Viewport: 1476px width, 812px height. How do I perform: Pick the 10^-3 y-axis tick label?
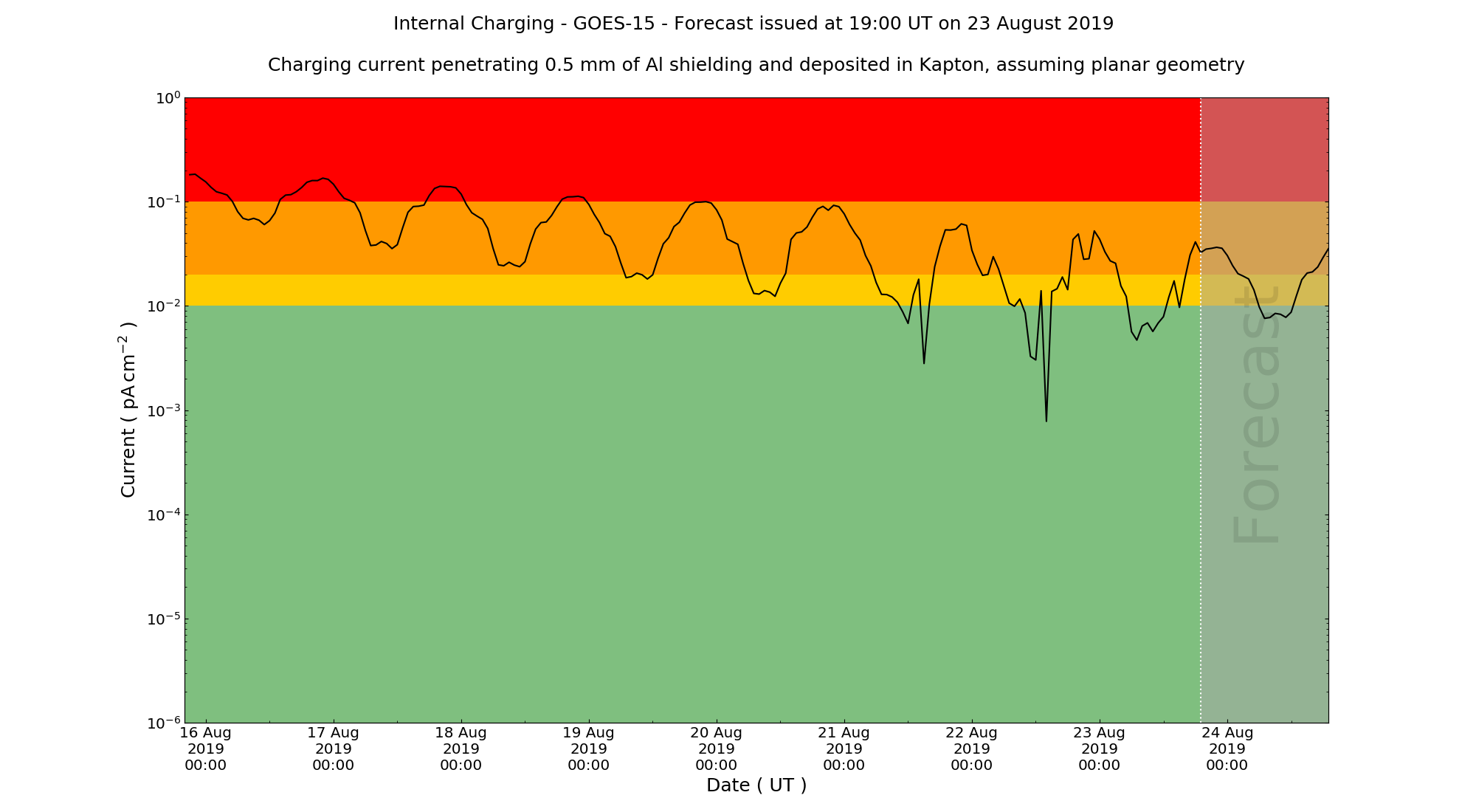[165, 411]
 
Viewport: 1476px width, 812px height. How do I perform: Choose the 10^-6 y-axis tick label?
[165, 723]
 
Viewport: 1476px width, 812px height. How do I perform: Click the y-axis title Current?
[128, 410]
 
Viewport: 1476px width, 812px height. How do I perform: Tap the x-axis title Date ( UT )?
[756, 785]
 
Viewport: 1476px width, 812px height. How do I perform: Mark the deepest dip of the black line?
[1046, 421]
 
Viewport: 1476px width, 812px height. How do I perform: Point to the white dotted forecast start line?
[1201, 443]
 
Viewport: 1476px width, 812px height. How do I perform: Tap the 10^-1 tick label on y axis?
[165, 202]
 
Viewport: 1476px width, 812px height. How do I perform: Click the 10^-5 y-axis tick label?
[165, 619]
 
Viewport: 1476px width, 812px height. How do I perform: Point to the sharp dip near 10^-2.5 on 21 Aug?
[923, 362]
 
